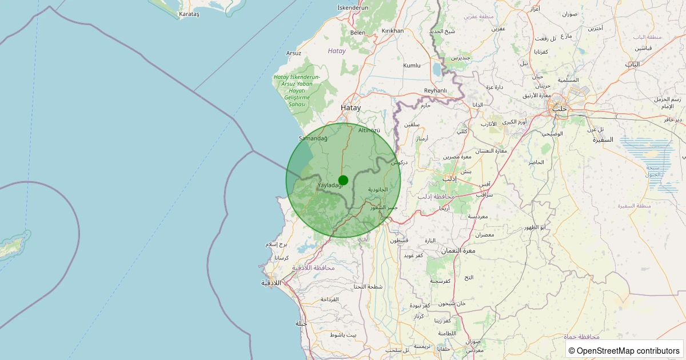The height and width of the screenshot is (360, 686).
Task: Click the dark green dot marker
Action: [x=343, y=180]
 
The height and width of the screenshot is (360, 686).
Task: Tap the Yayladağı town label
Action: [x=330, y=185]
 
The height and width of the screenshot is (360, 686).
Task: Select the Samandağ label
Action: [x=313, y=138]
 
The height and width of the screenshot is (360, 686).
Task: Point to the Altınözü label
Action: [x=369, y=130]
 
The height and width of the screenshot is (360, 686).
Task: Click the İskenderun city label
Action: [x=353, y=7]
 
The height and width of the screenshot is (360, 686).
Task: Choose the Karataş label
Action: [x=189, y=14]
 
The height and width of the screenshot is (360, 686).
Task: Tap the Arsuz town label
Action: [x=294, y=53]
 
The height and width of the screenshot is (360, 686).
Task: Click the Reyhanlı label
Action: [x=435, y=91]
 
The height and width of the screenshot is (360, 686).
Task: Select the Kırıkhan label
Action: [x=393, y=31]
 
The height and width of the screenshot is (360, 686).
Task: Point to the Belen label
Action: [x=358, y=33]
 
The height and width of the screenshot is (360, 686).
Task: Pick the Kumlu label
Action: [x=412, y=66]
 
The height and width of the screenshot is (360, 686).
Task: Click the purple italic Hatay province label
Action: [x=337, y=51]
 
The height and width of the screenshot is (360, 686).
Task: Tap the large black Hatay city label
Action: [x=351, y=107]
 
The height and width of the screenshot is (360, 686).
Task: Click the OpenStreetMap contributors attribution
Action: [x=624, y=350]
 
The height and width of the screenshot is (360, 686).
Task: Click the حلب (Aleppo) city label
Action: [x=559, y=108]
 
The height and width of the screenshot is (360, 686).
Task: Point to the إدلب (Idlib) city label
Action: [x=450, y=179]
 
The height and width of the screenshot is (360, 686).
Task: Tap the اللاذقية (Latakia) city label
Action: [x=272, y=283]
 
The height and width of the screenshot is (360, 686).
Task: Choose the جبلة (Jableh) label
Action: [x=301, y=323]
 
